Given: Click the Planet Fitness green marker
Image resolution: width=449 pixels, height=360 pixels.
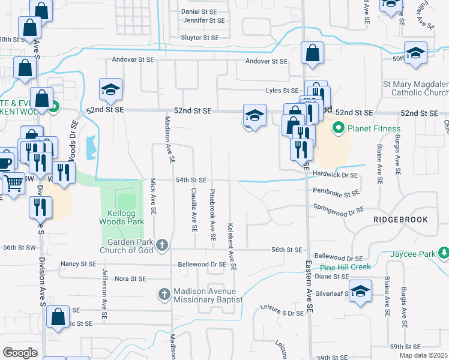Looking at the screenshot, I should coord(339,128).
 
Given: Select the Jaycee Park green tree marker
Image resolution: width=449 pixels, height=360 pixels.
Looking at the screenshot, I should coord(444,253).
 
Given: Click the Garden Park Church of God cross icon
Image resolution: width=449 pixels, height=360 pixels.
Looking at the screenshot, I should coord(161,245).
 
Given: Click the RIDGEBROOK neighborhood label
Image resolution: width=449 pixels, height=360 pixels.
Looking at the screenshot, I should coord(400,220).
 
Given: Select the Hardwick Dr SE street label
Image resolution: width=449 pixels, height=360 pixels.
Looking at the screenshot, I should coord(335,175).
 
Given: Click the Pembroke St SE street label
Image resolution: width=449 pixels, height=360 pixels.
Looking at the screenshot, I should coord(336,193).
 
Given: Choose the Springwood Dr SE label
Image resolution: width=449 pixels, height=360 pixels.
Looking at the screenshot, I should coord(339,209).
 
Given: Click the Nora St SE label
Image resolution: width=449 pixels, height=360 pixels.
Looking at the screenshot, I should coord(130,279).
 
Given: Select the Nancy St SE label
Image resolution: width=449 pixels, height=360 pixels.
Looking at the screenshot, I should coord(78,263).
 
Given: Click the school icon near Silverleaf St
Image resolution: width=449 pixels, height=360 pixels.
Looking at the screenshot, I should coord(360,292).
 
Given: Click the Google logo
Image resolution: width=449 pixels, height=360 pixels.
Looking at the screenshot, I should coord(20,352).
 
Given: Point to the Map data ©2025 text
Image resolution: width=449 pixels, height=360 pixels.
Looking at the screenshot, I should coord(423,355).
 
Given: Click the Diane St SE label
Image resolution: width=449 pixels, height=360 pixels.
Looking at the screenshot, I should coord(331,277).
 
